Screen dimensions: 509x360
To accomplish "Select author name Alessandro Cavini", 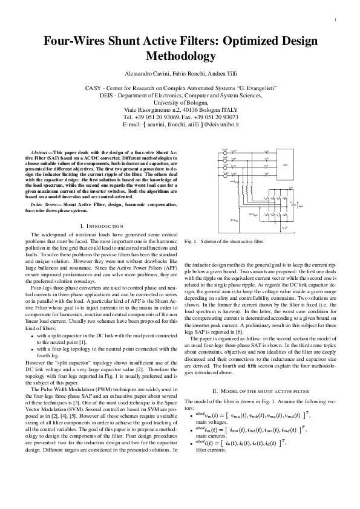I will tap(146, 73).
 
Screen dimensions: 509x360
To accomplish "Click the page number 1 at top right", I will tap(334, 20).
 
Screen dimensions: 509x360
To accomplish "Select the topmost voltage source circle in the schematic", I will tap(225, 151).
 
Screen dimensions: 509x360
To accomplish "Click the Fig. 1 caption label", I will tap(191, 241).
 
